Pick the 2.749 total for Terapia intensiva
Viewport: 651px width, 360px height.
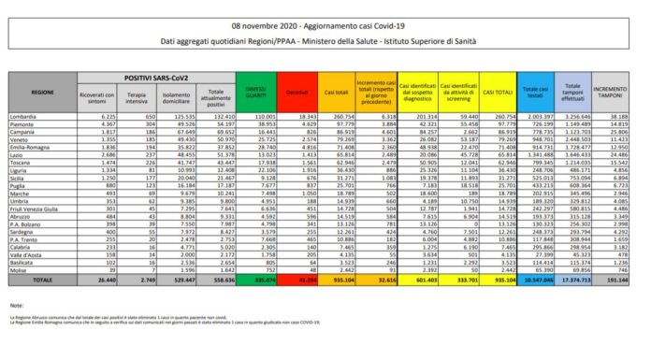click(145, 280)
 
